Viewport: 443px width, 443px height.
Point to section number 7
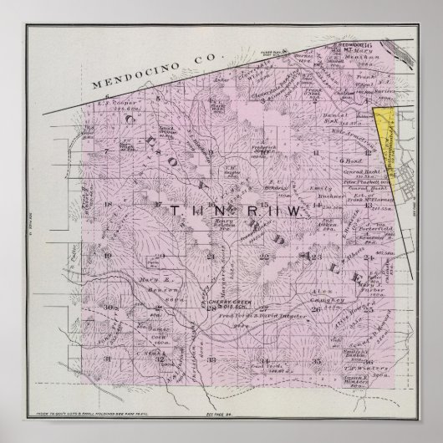(107, 150)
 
